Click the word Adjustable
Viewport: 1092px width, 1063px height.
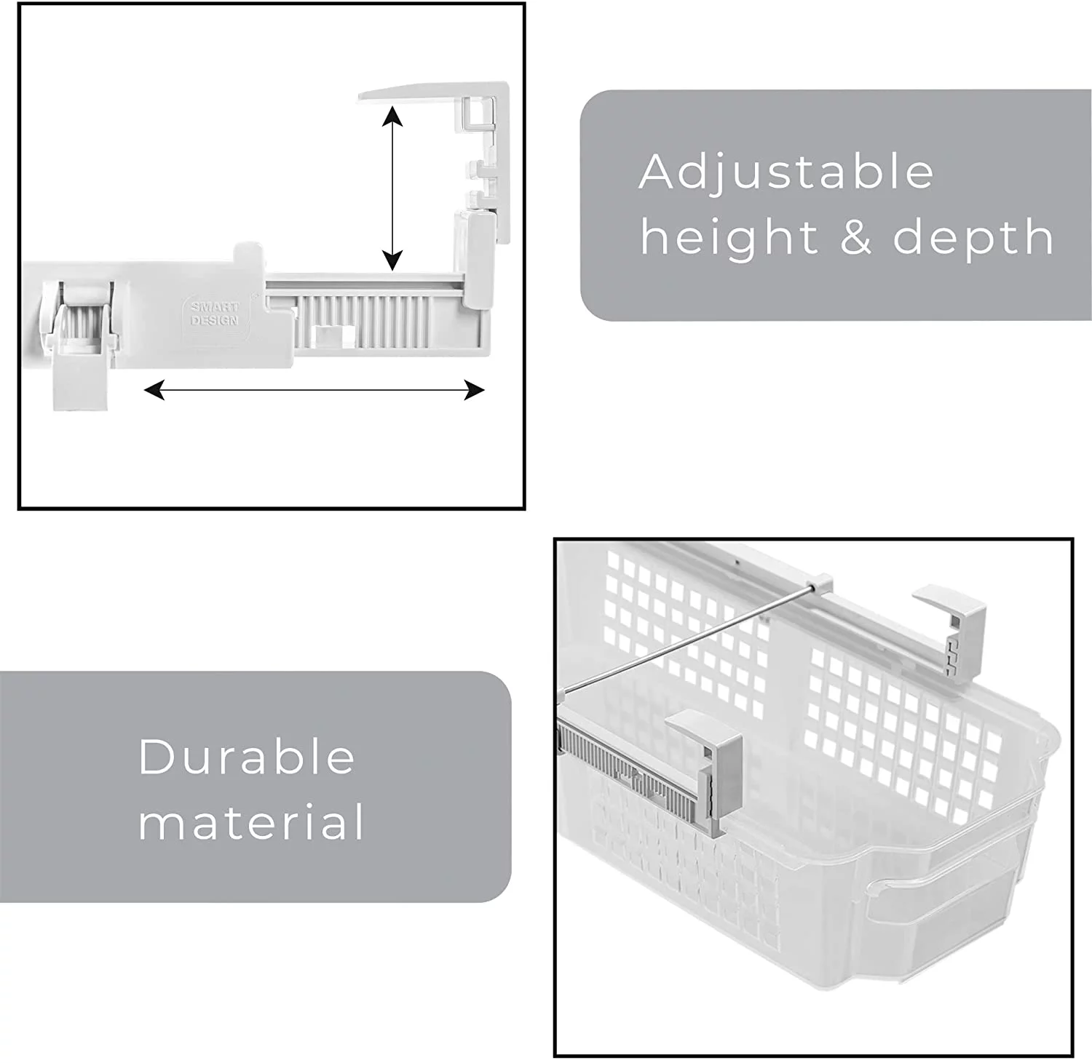786,172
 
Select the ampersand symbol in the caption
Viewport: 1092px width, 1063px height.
856,237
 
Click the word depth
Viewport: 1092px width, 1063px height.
973,238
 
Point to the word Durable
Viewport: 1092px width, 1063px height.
246,757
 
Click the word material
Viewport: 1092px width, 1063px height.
251,822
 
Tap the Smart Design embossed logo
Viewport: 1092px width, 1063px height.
214,314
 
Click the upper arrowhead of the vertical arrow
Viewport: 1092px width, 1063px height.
392,117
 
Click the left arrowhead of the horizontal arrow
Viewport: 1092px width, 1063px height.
154,391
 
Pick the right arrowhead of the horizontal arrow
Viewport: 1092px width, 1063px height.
474,391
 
